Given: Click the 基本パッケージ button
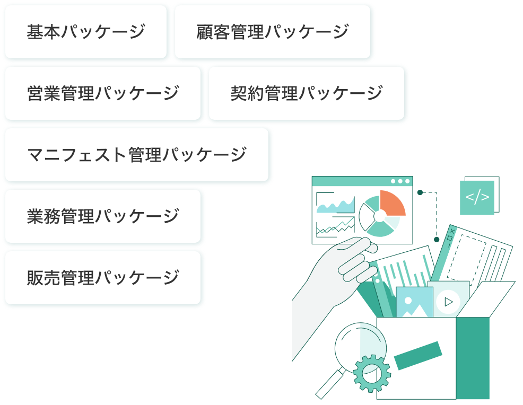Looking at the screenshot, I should click(85, 32).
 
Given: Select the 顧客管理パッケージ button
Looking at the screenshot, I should click(273, 32).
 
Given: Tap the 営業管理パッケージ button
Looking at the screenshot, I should click(103, 94).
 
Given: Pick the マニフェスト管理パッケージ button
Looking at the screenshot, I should click(137, 155).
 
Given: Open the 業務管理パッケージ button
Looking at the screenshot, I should click(103, 217).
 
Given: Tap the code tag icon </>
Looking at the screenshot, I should click(477, 197).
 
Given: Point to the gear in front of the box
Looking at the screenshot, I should click(371, 373).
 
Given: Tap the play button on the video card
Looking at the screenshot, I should click(449, 302).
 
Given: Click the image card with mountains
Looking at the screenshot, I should click(414, 303).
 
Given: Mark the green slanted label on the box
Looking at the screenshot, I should click(418, 356).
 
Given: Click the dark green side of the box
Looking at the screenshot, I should click(473, 358).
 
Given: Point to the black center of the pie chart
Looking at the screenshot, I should click(379, 216).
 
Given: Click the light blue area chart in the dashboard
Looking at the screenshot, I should click(335, 206).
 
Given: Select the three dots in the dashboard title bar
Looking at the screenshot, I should click(400, 181).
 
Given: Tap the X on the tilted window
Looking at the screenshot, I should click(452, 232).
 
